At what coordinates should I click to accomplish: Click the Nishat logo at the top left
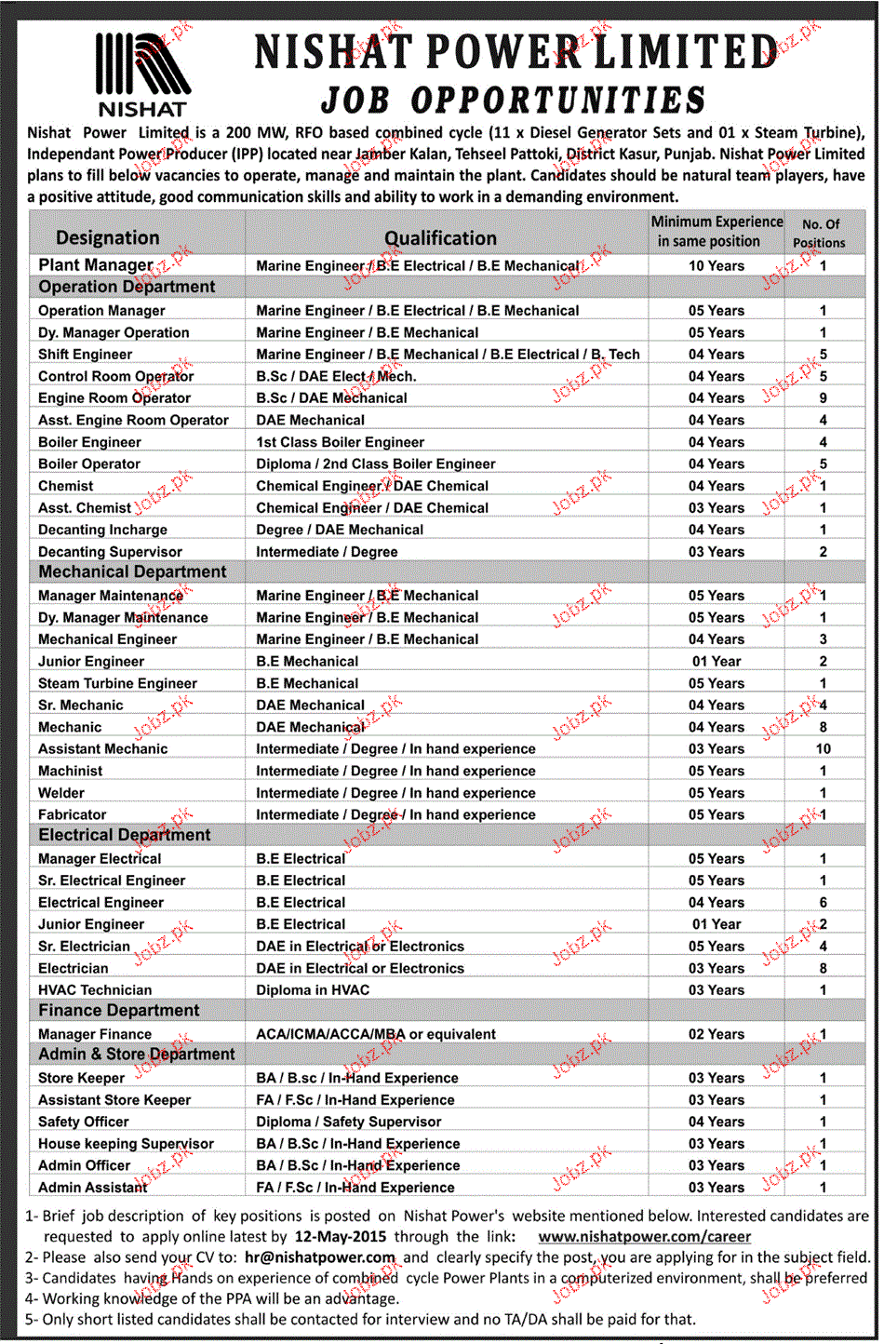point(142,74)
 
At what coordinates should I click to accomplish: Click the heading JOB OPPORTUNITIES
point(513,101)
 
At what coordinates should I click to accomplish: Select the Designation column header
point(107,238)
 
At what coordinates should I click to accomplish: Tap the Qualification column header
point(440,238)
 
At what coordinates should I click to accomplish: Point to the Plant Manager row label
point(95,265)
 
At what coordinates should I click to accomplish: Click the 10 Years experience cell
point(716,266)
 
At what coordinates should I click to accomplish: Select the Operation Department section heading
point(127,288)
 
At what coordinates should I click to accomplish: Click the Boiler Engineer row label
point(89,442)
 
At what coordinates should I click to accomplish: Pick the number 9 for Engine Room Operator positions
point(823,398)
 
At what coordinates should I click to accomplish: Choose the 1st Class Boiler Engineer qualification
point(340,442)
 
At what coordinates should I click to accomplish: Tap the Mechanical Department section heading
point(132,572)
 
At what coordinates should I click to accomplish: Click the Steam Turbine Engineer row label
point(117,683)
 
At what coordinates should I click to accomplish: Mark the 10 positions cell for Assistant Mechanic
point(823,749)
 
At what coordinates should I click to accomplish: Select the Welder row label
point(61,793)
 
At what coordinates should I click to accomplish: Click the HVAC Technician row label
point(95,990)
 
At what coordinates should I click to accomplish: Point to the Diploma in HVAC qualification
point(313,990)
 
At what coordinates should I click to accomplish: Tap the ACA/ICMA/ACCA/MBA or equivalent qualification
point(376,1034)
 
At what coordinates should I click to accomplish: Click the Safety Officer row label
point(84,1122)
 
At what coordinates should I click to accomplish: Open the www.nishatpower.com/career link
point(644,1237)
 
